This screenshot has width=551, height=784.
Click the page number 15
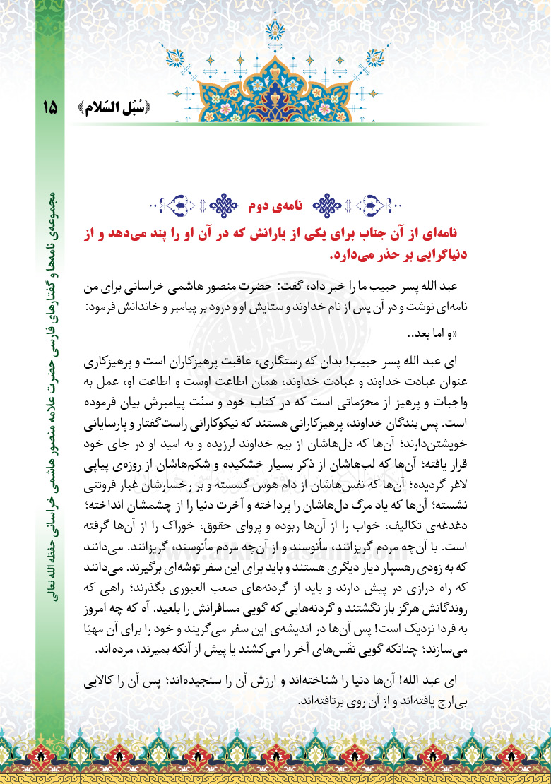(x=51, y=108)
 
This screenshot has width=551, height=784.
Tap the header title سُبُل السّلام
(x=113, y=108)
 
